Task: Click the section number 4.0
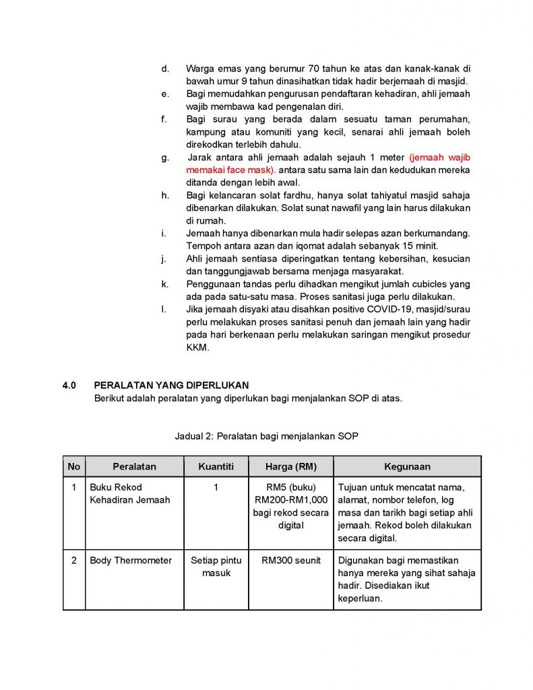coord(69,385)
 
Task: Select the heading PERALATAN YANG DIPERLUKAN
coord(171,385)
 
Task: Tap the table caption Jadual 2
coord(266,436)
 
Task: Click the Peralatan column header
coord(134,466)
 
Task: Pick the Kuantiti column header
coord(216,466)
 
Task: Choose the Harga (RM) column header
coord(290,466)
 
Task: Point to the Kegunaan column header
coord(407,466)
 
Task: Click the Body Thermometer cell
coord(131,561)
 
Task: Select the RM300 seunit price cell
coord(290,561)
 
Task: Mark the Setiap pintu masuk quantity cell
coord(216,567)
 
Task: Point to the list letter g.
coord(164,157)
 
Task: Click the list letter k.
coord(164,284)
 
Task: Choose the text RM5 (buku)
coord(290,487)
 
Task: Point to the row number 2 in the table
coord(74,561)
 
